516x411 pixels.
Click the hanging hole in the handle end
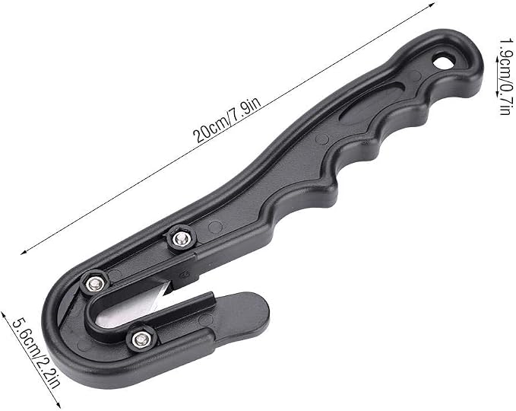(x=444, y=62)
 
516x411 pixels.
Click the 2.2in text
(x=48, y=371)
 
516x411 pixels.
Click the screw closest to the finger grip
(x=180, y=239)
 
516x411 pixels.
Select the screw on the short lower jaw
(x=141, y=339)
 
